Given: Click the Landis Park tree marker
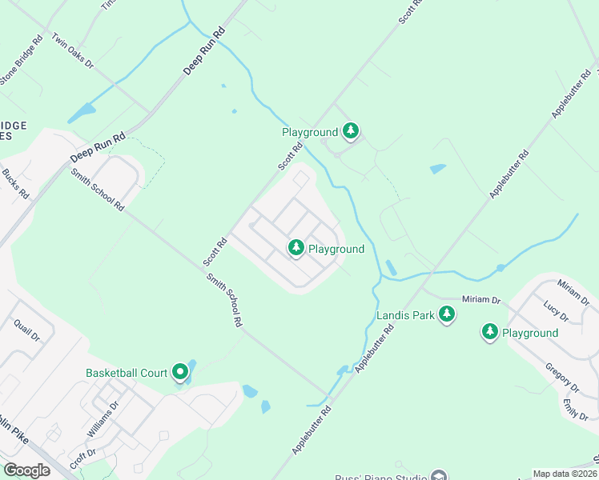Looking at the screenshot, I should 447,315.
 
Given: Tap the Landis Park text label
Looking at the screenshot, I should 405,315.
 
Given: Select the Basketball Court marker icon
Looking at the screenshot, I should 180,372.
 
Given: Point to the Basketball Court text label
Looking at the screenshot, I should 127,373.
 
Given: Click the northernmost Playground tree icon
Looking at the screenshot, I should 350,130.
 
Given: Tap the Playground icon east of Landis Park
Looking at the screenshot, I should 489,331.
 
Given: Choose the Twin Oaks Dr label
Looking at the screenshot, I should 73,50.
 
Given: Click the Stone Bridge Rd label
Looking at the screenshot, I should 21,60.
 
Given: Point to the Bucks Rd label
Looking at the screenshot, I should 15,184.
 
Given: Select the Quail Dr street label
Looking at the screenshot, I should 26,329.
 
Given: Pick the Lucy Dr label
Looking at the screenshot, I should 556,311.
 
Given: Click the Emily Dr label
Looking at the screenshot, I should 570,410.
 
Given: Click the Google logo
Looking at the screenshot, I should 26,470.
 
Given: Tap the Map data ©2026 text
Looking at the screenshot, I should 565,474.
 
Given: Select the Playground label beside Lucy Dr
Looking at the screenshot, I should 530,333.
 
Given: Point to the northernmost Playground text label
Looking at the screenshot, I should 310,132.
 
